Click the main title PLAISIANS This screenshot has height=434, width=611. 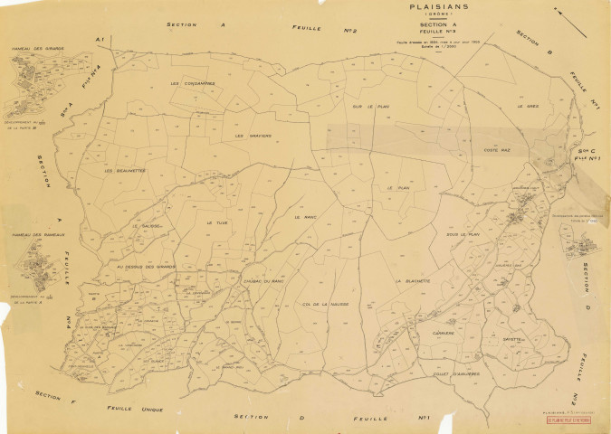coord(417,8)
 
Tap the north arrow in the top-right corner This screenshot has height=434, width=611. coord(558,13)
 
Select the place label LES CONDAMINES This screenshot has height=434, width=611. coord(193,84)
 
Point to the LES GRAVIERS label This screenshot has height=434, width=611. coord(253,137)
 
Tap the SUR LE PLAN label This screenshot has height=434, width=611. coord(370,107)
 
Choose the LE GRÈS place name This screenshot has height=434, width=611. coord(528,106)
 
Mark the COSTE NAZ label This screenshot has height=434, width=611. coord(499,150)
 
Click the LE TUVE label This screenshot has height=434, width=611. coord(215,222)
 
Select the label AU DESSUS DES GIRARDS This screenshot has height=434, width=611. coord(145,267)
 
